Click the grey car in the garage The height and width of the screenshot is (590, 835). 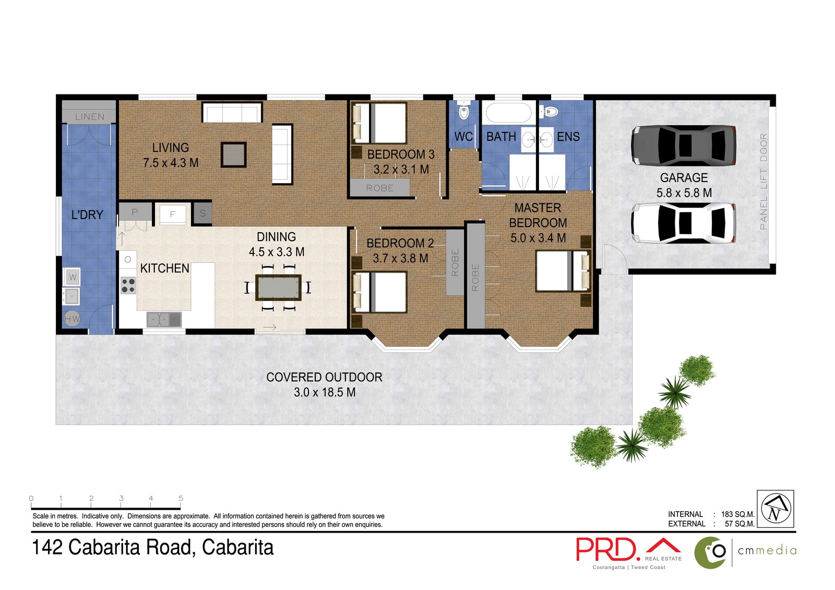coord(684,145)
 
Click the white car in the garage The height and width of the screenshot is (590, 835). coord(684,223)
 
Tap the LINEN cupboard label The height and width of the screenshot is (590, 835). coord(89,117)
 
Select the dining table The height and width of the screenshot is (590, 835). coord(278,287)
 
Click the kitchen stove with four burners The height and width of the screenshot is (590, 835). coord(128,285)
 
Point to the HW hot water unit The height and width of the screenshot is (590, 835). coord(72,319)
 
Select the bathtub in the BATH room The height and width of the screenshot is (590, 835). coord(507,113)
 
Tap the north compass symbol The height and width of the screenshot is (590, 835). coord(776,509)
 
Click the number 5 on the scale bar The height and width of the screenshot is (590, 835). coord(181,499)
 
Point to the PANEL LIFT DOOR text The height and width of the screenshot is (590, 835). coord(764,182)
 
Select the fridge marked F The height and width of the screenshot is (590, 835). coord(172,214)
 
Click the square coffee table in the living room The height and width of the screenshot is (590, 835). coord(233,154)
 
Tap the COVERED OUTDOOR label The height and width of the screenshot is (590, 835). coord(324,377)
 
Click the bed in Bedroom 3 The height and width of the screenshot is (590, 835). coord(380,124)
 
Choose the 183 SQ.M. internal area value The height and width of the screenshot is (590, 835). coord(737,514)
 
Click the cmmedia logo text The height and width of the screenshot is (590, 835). coord(767,551)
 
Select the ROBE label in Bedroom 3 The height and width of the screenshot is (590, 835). coord(379,188)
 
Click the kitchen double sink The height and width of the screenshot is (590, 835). coord(163,319)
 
